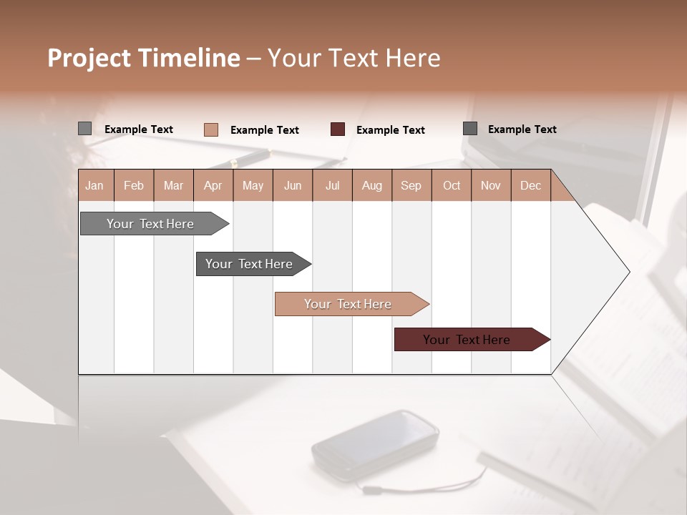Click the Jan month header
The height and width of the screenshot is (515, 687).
pos(94,185)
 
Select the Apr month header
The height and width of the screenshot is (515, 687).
pos(213,185)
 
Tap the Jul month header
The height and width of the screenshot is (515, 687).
pos(332,185)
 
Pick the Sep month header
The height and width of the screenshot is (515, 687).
pos(411,185)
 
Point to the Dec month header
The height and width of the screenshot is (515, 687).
pos(530,185)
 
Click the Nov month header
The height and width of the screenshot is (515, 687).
pos(490,185)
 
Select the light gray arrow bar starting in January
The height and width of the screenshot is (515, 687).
pos(150,224)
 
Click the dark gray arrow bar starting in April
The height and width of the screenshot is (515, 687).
pos(249,264)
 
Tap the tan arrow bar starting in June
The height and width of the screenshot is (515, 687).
pos(348,304)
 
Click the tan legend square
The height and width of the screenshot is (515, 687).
pos(210,129)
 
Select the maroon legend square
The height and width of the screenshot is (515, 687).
pos(338,129)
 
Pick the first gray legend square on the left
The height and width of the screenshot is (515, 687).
pos(84,129)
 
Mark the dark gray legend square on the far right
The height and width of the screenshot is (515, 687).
pos(470,129)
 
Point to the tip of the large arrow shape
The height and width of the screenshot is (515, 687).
pos(628,272)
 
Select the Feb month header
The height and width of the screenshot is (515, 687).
pos(134,185)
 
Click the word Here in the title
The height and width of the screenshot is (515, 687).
pos(412,58)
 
